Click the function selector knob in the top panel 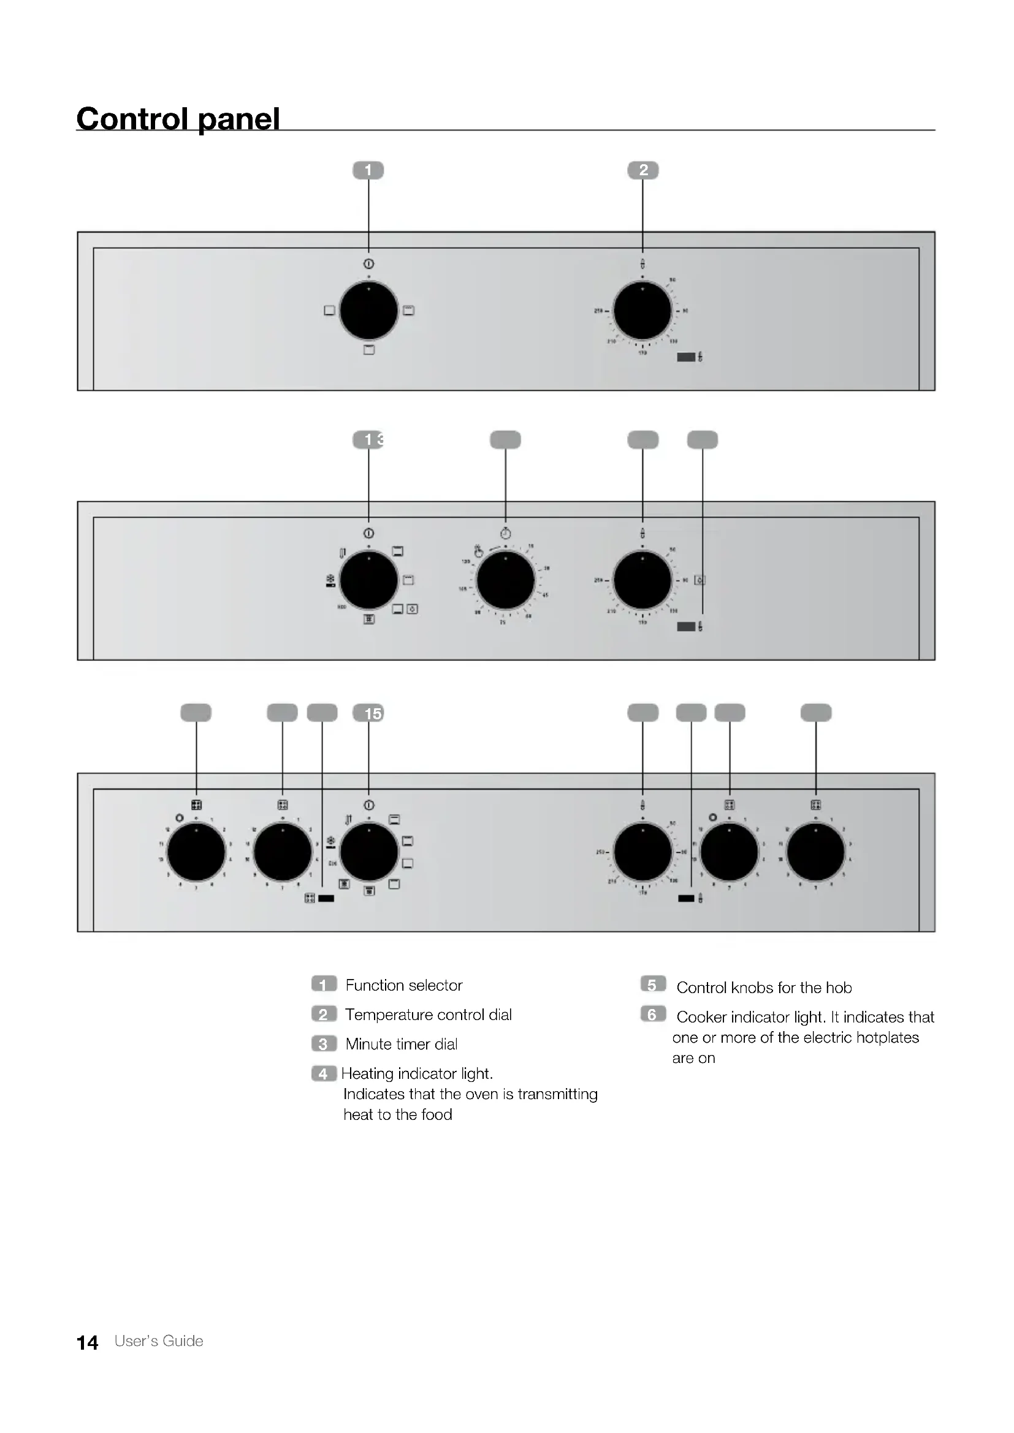pyautogui.click(x=368, y=311)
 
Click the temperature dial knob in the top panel pyautogui.click(x=642, y=311)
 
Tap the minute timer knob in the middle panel pyautogui.click(x=505, y=580)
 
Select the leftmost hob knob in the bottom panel pyautogui.click(x=196, y=852)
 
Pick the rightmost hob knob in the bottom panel pyautogui.click(x=815, y=852)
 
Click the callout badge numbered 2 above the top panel pyautogui.click(x=643, y=170)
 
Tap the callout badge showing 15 pyautogui.click(x=368, y=713)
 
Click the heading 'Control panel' pyautogui.click(x=178, y=118)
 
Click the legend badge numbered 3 pyautogui.click(x=324, y=1044)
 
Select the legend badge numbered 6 pyautogui.click(x=652, y=1014)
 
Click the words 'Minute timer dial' pyautogui.click(x=402, y=1044)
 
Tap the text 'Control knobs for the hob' pyautogui.click(x=764, y=988)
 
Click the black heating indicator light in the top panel pyautogui.click(x=686, y=357)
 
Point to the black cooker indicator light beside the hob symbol pyautogui.click(x=326, y=899)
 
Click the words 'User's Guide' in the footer pyautogui.click(x=159, y=1341)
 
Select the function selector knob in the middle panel pyautogui.click(x=368, y=580)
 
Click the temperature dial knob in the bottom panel pyautogui.click(x=642, y=852)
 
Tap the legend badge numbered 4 pyautogui.click(x=324, y=1073)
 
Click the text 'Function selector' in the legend pyautogui.click(x=403, y=985)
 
